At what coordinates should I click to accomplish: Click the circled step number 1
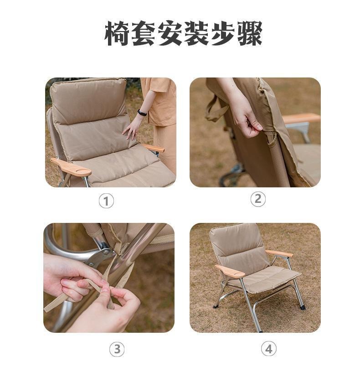[106, 201]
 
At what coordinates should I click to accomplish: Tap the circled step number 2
[258, 199]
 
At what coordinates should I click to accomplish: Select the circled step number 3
[117, 349]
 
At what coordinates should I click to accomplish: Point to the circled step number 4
[268, 349]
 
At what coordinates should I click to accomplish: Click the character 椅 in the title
[118, 34]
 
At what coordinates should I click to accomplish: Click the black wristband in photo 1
[142, 113]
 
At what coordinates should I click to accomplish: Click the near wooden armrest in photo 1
[72, 167]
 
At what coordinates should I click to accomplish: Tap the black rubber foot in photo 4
[303, 308]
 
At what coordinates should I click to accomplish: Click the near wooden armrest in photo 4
[230, 272]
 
